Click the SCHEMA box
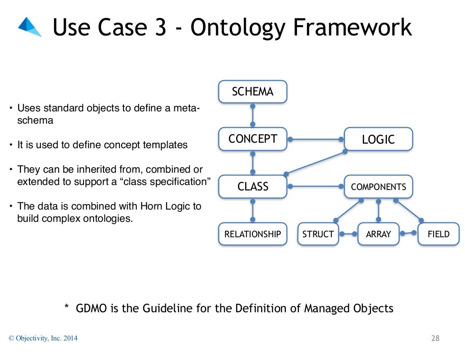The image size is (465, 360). [252, 92]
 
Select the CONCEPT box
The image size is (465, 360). [252, 139]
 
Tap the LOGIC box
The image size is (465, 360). [378, 139]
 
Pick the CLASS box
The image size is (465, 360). [252, 186]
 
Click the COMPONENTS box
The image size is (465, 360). [378, 186]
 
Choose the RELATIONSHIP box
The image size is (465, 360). [252, 234]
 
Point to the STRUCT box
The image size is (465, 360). [318, 234]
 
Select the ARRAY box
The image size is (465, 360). [378, 234]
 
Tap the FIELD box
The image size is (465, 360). [438, 234]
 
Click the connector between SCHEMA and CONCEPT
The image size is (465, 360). [253, 115]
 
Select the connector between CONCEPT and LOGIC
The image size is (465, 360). [316, 139]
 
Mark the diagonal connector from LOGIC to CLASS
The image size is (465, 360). [315, 163]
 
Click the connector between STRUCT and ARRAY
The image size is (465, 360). [348, 234]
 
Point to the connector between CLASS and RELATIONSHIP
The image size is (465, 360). [253, 210]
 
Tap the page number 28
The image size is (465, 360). [435, 338]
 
